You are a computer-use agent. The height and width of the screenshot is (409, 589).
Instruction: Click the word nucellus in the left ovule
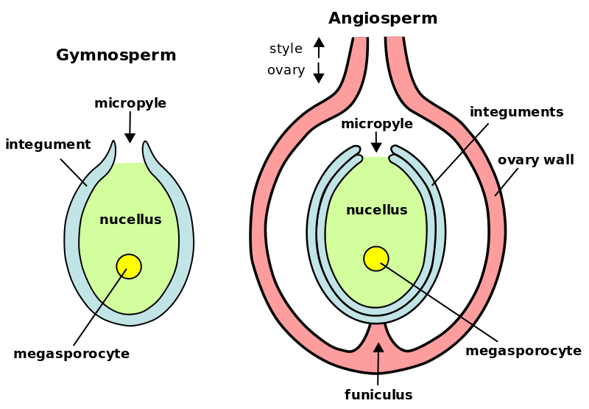tap(130, 220)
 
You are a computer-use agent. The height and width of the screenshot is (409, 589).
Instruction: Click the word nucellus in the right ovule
tap(376, 210)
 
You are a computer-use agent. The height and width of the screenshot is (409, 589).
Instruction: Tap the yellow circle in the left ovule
tap(129, 266)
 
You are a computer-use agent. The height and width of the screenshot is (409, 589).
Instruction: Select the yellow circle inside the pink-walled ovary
tap(376, 259)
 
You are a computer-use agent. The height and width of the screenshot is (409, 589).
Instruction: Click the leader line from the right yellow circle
tap(403, 279)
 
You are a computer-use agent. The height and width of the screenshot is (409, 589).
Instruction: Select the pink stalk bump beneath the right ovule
tap(377, 332)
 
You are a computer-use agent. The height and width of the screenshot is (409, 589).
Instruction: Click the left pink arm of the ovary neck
tap(359, 59)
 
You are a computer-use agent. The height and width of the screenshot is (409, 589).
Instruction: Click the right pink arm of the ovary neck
tap(397, 59)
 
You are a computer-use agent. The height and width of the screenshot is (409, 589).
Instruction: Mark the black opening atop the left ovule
tap(130, 153)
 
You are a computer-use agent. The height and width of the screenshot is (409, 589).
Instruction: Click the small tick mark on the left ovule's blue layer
tap(85, 183)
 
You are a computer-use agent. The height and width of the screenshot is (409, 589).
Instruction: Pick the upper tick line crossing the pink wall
tap(469, 144)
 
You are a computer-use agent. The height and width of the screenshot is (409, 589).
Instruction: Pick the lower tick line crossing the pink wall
tap(467, 321)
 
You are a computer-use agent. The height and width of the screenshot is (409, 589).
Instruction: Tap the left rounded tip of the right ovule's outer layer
tap(355, 151)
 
